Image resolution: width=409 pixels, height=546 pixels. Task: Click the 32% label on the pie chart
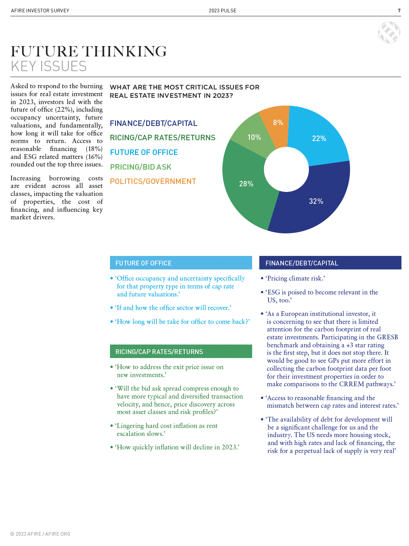316,201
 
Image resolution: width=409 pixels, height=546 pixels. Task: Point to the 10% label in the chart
254,137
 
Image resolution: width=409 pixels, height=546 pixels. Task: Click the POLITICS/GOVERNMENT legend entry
153,182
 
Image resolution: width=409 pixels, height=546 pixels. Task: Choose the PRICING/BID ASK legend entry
141,167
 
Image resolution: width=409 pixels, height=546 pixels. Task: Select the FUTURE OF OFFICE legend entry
144,153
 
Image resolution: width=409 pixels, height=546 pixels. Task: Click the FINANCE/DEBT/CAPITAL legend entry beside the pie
153,124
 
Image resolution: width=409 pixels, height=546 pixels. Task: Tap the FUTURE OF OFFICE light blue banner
181,263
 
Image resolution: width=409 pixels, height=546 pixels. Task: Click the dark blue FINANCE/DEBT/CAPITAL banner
330,263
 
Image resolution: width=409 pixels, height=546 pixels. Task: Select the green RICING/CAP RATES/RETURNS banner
181,352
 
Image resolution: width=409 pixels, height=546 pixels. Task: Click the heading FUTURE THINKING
89,52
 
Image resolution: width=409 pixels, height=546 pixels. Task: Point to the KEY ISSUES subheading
48,66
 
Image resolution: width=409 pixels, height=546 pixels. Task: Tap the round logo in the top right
389,32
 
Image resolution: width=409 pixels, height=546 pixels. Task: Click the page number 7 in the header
399,11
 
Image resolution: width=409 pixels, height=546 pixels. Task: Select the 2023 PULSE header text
222,11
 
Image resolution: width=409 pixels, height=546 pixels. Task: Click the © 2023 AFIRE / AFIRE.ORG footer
40,534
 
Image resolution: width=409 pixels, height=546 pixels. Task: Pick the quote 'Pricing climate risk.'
295,279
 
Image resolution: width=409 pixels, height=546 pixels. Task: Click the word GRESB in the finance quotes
387,337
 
